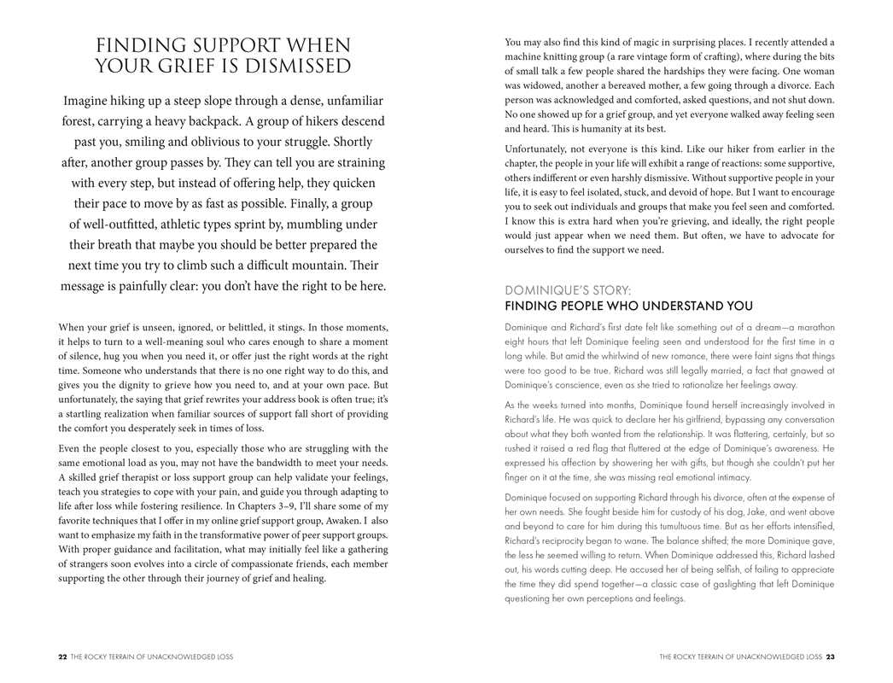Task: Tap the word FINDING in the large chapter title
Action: (x=142, y=45)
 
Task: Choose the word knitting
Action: (x=569, y=56)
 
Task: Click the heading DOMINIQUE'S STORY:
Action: (x=568, y=290)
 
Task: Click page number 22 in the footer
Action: (x=62, y=657)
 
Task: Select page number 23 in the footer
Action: (x=830, y=657)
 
